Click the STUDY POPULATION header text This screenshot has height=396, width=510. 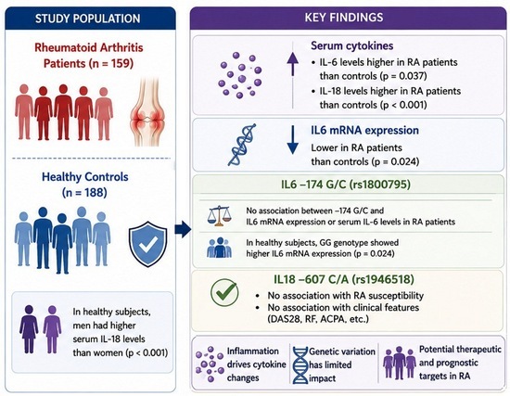click(x=88, y=19)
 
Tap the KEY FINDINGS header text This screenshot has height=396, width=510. click(x=344, y=18)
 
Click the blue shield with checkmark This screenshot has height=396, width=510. click(x=148, y=244)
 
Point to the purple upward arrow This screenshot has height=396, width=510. click(x=293, y=64)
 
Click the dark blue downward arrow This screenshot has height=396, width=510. click(x=293, y=140)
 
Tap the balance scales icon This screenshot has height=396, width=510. click(x=220, y=216)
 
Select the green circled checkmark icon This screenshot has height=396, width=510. click(x=224, y=292)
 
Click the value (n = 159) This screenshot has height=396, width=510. click(x=111, y=63)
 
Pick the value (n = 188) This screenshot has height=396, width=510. click(x=84, y=193)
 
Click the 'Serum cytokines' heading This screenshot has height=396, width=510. click(x=352, y=45)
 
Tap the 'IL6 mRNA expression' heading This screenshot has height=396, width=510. click(x=365, y=130)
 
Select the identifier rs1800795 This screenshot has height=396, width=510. click(x=379, y=185)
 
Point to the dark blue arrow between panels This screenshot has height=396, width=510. click(x=183, y=229)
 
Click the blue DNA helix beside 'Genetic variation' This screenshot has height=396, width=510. click(x=300, y=365)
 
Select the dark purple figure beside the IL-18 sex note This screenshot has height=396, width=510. click(x=29, y=329)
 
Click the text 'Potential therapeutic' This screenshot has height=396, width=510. click(x=460, y=350)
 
